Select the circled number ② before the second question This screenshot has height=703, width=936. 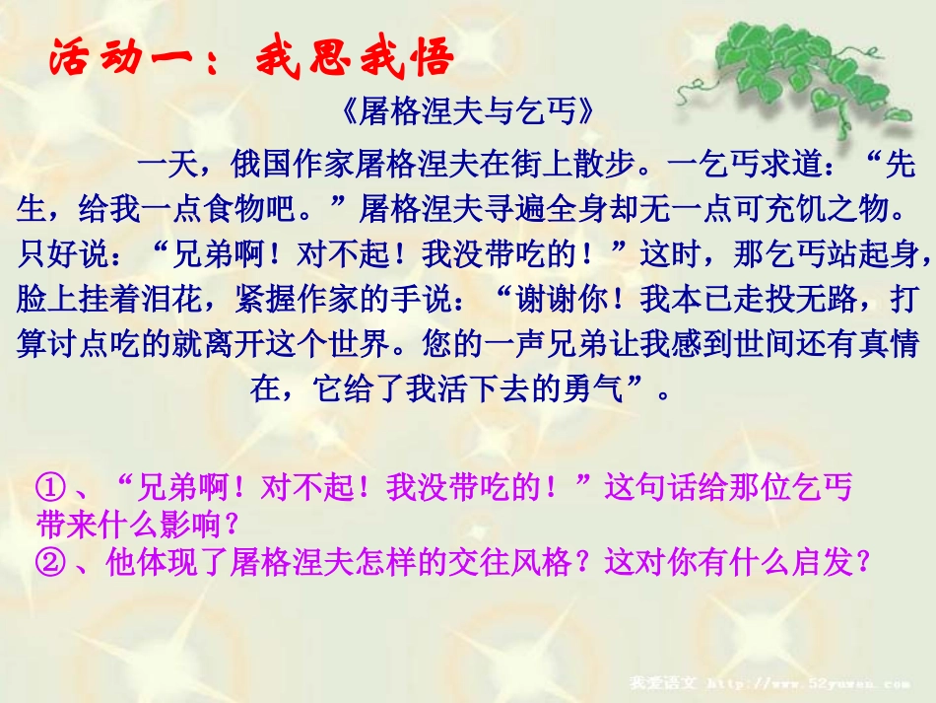51,562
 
